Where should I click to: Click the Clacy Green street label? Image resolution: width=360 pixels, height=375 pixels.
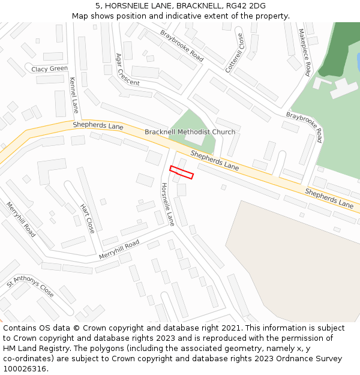click(x=50, y=69)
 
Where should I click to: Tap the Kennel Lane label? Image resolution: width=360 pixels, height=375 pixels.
click(x=74, y=95)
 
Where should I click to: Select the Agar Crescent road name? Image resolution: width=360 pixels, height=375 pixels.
click(x=127, y=70)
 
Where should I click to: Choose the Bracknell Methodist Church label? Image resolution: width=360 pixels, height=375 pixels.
click(x=190, y=132)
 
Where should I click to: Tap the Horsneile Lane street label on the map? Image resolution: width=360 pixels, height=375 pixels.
click(x=167, y=204)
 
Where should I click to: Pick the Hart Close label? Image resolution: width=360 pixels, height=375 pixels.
click(x=88, y=218)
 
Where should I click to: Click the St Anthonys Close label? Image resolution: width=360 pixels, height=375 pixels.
click(x=30, y=286)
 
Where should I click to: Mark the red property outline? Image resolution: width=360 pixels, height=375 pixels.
click(x=182, y=172)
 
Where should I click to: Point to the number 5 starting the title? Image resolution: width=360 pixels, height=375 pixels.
click(x=97, y=6)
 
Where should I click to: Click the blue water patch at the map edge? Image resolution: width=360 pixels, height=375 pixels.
click(x=358, y=61)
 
